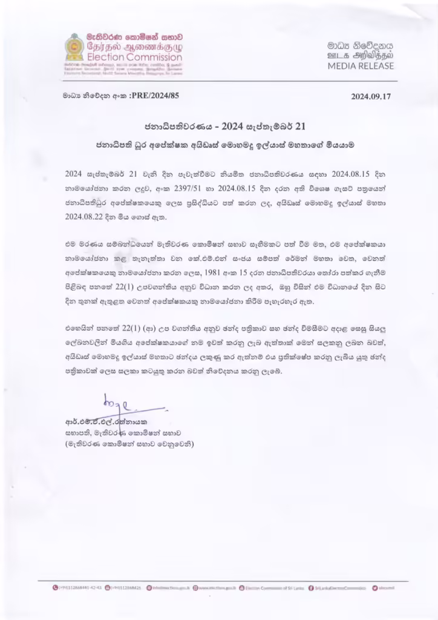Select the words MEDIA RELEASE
pos(361,66)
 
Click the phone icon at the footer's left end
pos(55,587)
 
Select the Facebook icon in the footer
pos(310,587)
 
